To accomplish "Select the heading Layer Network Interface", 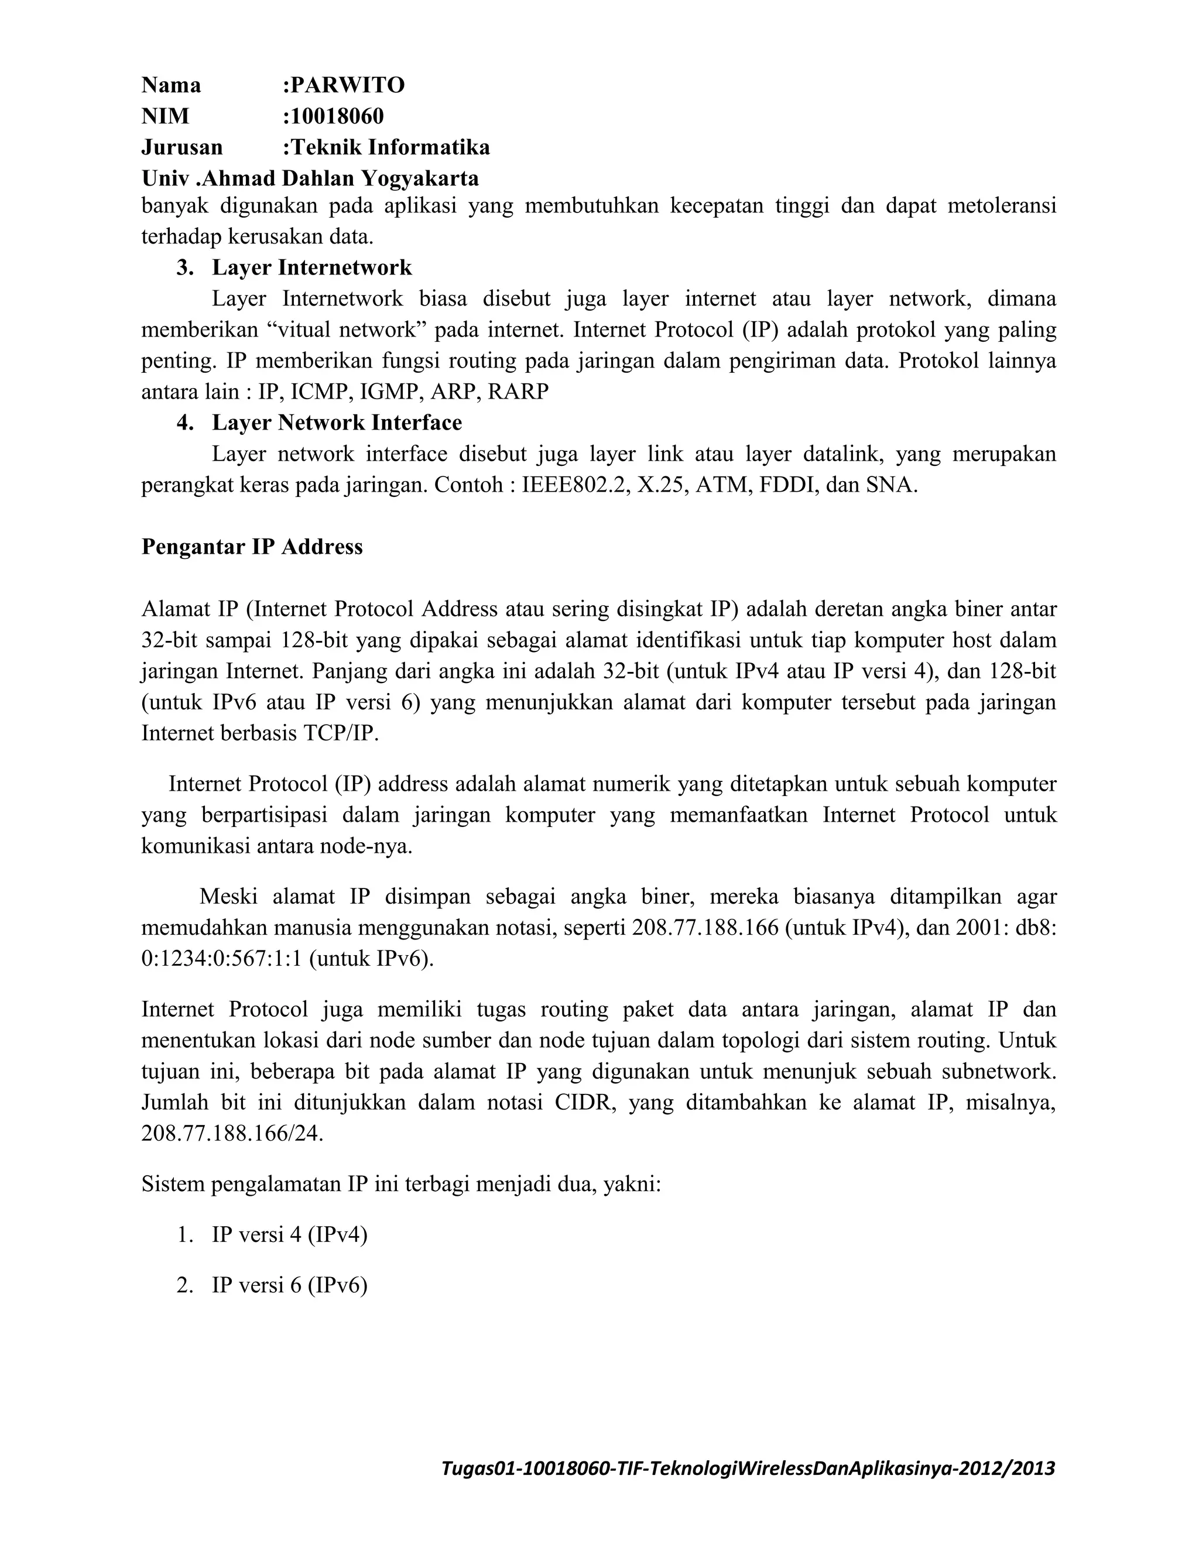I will pyautogui.click(x=337, y=423).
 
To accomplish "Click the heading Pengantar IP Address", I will pyautogui.click(x=252, y=547).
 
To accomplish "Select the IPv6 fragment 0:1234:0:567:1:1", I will pyautogui.click(x=222, y=959).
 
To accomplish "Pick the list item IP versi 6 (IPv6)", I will pyautogui.click(x=289, y=1285).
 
